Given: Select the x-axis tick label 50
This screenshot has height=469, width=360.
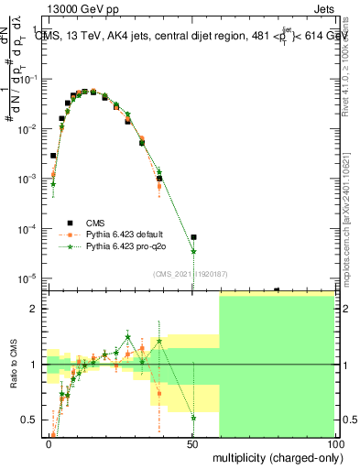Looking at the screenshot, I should [191, 443].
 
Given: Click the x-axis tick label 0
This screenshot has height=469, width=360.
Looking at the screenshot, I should [49, 443].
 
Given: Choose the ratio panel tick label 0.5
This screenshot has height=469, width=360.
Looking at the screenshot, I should [32, 420].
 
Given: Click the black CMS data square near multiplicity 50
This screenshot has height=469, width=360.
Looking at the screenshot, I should [193, 237].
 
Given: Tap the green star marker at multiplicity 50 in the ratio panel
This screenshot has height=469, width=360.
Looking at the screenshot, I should [193, 418].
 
